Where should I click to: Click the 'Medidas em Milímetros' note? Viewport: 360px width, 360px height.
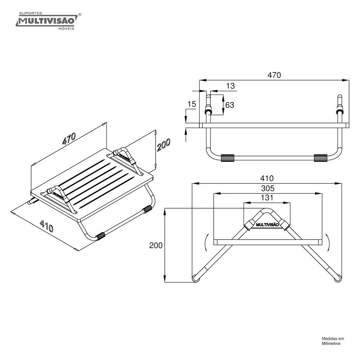333,341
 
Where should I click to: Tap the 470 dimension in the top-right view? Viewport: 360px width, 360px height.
274,75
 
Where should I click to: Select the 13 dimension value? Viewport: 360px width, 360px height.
230,86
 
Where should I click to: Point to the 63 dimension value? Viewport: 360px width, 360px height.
230,105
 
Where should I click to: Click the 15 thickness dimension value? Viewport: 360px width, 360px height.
192,104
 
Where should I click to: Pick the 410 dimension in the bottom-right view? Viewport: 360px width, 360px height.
267,178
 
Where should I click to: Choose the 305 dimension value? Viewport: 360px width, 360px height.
268,188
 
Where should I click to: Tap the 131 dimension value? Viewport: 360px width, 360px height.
267,198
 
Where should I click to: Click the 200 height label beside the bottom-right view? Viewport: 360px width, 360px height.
156,245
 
